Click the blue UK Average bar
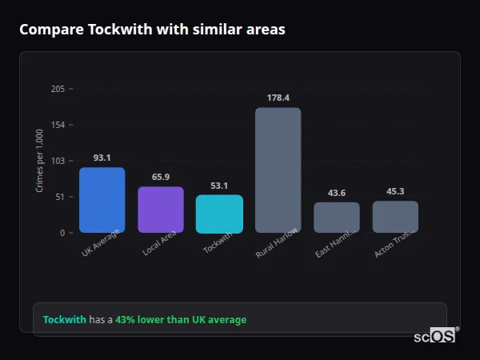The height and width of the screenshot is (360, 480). (x=102, y=200)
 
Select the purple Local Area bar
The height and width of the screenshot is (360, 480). (x=161, y=210)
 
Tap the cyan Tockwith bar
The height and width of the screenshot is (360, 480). (x=219, y=214)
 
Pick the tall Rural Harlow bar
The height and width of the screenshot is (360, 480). (x=278, y=170)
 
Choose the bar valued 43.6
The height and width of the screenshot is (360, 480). (x=337, y=218)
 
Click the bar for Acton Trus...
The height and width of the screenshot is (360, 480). (x=395, y=217)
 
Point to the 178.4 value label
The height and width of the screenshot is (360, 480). (x=278, y=98)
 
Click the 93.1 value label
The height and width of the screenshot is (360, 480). (x=102, y=158)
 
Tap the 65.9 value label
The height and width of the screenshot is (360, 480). (x=161, y=177)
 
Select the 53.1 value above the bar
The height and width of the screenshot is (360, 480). (x=219, y=186)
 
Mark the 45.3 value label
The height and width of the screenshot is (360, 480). (x=395, y=191)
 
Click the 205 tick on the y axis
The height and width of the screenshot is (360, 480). (x=58, y=89)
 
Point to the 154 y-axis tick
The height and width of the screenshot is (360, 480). (x=58, y=125)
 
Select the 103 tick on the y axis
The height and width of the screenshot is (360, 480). (x=58, y=161)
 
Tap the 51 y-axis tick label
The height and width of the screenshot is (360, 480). (x=60, y=197)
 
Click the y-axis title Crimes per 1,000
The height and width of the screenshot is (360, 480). (x=40, y=161)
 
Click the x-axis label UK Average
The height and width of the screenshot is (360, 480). (x=100, y=244)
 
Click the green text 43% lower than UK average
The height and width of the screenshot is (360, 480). (x=181, y=320)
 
